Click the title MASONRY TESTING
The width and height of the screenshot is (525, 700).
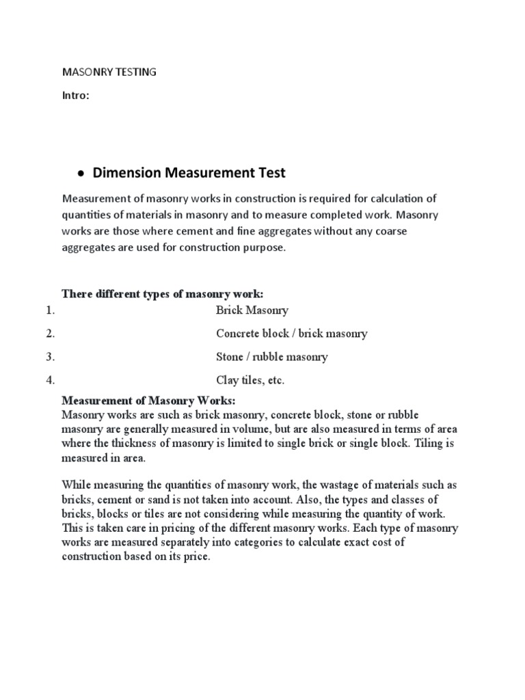coord(109,72)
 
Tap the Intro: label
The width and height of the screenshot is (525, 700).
coord(76,96)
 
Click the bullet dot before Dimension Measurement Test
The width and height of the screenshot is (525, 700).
coord(81,174)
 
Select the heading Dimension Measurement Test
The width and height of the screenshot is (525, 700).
coord(189,174)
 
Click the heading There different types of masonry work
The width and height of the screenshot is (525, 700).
coord(163,293)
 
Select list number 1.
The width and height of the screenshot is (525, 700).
coord(50,310)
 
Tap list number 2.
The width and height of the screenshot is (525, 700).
coord(50,334)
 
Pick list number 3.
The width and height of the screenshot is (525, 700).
coord(50,357)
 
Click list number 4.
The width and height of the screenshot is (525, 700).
coord(50,380)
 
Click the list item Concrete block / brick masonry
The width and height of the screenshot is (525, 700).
coord(291,334)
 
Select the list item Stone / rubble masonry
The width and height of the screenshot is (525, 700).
coord(271,357)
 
